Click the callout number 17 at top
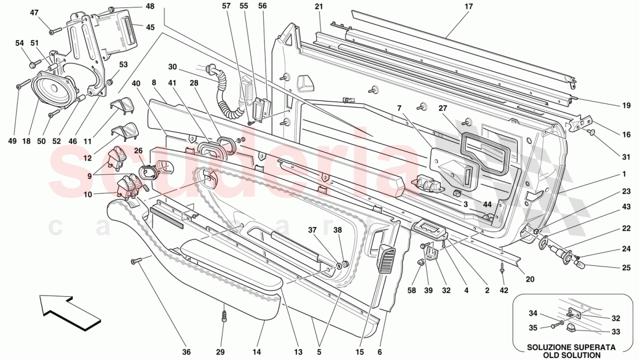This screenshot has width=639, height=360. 469,6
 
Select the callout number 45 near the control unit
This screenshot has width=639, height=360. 150,27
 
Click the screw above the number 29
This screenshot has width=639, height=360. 225,317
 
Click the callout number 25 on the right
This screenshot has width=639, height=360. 626,268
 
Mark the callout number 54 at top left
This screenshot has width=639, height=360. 20,43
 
